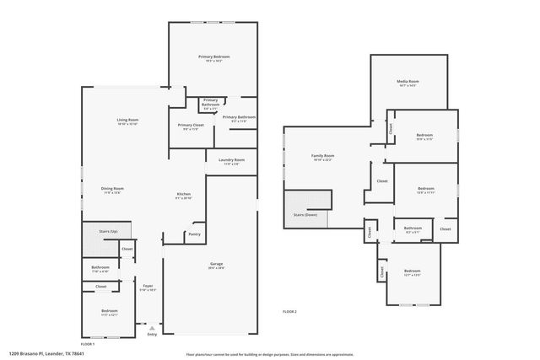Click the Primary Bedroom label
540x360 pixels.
pos(214,56)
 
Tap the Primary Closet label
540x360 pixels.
pos(189,125)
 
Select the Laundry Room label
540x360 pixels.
pos(231,159)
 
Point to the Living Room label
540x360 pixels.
pos(127,120)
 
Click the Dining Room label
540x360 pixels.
pos(113,188)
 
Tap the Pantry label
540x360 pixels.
pos(194,234)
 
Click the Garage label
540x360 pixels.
pos(217,264)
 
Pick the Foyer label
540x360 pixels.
pos(148,285)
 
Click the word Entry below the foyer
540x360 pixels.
pos(152,335)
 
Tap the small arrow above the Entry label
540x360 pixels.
pos(152,327)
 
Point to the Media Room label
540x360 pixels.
pos(408,82)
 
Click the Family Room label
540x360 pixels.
pos(323,156)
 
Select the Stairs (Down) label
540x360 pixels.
pos(305,215)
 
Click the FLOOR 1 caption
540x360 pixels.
pos(88,344)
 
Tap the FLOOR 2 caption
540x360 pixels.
pos(289,312)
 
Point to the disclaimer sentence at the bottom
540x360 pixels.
pos(269,355)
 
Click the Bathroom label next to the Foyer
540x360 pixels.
pos(100,268)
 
